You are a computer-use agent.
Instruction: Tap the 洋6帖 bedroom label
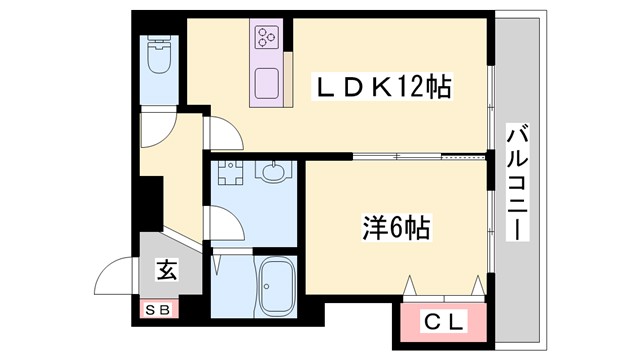[x=394, y=228]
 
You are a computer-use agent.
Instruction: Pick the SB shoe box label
[x=159, y=310]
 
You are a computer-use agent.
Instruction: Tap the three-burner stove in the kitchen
[x=265, y=38]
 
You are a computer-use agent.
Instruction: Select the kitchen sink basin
[x=267, y=82]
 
